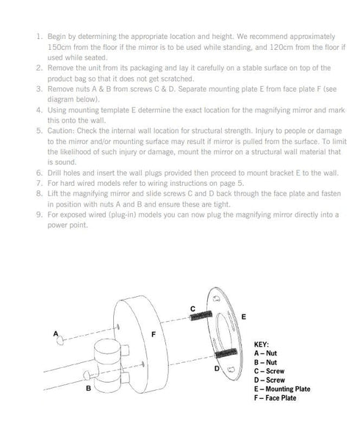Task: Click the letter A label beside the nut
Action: pos(56,334)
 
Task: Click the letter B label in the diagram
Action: pos(88,388)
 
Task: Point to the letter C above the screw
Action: pos(192,309)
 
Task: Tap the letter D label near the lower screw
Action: pos(217,369)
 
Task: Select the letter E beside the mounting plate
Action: pos(244,317)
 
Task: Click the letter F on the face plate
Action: pos(154,334)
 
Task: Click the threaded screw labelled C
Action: pos(201,315)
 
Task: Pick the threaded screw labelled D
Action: pos(226,353)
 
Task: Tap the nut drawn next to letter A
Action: pos(60,340)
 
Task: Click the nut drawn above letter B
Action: pos(87,375)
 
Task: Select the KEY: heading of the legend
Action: pos(262,345)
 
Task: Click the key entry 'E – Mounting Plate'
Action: pos(282,389)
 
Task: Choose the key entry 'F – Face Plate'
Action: pos(276,398)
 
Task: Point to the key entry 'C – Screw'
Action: pos(269,371)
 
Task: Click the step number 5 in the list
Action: pos(40,131)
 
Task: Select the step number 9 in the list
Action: pos(40,214)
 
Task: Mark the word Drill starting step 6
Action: pos(54,173)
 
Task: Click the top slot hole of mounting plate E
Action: pos(217,298)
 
